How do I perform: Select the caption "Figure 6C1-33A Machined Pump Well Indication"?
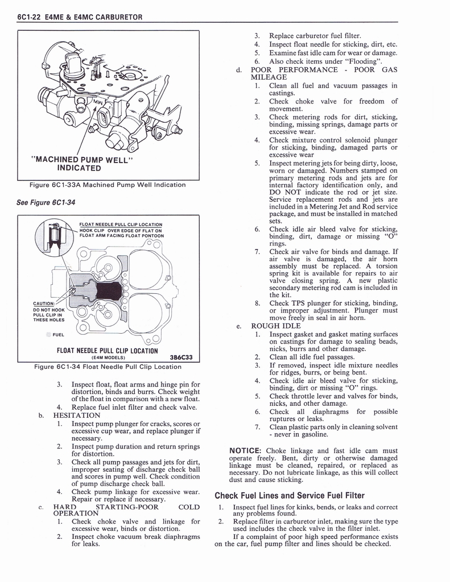108,184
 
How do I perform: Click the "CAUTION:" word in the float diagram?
44,303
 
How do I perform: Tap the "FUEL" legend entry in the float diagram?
57,334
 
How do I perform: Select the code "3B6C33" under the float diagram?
181,357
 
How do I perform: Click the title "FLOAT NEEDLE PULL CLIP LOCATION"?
107,351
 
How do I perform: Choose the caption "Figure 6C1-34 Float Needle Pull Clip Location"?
108,367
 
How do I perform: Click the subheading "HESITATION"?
76,415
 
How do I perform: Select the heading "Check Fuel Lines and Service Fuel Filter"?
289,495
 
